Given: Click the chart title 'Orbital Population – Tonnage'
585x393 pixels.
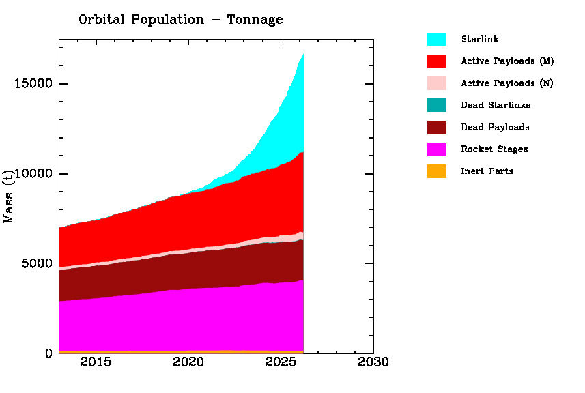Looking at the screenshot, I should pyautogui.click(x=180, y=20).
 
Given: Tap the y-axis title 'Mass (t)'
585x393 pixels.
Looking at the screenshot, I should pyautogui.click(x=9, y=196).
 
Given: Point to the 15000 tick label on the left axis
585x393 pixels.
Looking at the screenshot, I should pyautogui.click(x=33, y=84).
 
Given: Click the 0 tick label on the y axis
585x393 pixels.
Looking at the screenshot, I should pyautogui.click(x=48, y=353).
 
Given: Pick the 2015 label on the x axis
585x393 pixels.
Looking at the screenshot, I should pyautogui.click(x=96, y=362).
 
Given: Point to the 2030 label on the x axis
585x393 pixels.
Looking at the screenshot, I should pyautogui.click(x=373, y=362).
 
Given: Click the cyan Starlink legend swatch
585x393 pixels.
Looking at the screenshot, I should pyautogui.click(x=437, y=40).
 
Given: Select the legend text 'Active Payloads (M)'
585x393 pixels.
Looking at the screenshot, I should pyautogui.click(x=507, y=61).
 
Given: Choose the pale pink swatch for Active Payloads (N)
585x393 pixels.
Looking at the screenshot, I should pyautogui.click(x=437, y=83).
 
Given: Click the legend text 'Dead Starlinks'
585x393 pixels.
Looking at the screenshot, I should pyautogui.click(x=496, y=105).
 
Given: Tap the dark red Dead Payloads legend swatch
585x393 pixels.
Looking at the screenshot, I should pyautogui.click(x=437, y=127).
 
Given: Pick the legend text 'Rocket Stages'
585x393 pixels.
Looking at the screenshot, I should pyautogui.click(x=494, y=149).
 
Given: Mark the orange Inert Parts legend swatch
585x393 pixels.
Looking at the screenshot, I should pyautogui.click(x=437, y=171).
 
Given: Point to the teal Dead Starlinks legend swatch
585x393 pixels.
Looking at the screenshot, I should pyautogui.click(x=437, y=105).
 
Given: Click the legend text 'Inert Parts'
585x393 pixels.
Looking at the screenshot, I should pyautogui.click(x=487, y=171).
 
